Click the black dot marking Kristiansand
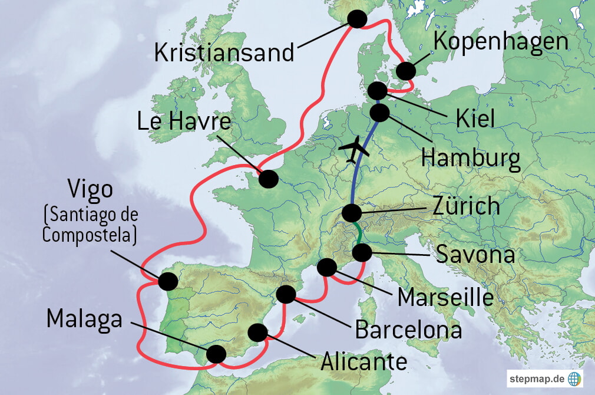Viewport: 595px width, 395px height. click(357, 19)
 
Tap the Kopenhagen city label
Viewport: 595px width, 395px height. click(501, 42)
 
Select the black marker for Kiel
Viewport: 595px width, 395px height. click(378, 91)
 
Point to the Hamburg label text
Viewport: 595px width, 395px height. click(471, 159)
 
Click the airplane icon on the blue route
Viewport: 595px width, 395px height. click(354, 150)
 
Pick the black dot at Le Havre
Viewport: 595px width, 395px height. click(268, 179)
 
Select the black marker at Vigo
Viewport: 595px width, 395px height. click(167, 281)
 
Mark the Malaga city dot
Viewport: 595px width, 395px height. click(216, 354)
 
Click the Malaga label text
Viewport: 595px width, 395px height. click(84, 319)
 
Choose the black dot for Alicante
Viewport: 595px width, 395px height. click(257, 333)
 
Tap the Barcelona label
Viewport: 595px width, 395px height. click(408, 330)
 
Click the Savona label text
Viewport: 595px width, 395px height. click(475, 255)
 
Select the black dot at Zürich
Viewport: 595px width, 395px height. click(352, 213)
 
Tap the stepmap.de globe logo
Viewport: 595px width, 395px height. click(573, 377)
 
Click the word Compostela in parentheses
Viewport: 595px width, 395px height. click(88, 235)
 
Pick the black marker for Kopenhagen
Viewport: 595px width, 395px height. click(405, 71)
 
